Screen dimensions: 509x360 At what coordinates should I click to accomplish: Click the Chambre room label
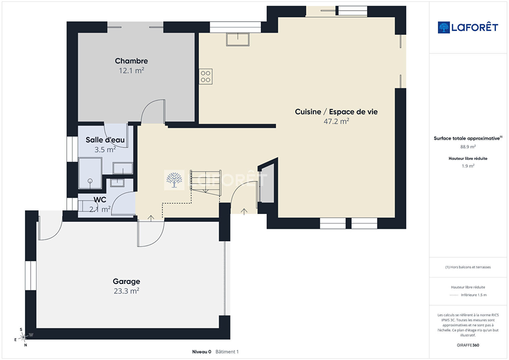(131, 61)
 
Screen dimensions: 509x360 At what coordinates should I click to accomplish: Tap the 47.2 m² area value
(336, 121)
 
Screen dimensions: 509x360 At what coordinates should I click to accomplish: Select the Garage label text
(126, 281)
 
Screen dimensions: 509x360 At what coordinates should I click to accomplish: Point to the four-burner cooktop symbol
(206, 77)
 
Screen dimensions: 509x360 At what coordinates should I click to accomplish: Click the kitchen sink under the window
(238, 39)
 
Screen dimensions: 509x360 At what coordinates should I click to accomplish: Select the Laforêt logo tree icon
(444, 27)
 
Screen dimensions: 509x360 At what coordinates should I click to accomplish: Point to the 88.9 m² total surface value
(468, 147)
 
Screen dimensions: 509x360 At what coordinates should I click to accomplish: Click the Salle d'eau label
(105, 140)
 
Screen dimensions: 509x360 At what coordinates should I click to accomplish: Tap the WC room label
(100, 200)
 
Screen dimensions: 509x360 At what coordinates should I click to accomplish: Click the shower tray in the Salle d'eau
(90, 173)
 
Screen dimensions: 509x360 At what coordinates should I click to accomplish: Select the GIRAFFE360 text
(468, 345)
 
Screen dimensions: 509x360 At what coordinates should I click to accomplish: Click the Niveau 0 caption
(201, 352)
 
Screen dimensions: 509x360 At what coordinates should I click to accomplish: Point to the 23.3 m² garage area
(126, 291)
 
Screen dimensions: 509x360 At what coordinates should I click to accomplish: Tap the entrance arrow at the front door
(244, 212)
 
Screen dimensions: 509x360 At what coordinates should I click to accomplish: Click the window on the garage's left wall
(31, 276)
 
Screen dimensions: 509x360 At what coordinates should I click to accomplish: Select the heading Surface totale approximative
(468, 138)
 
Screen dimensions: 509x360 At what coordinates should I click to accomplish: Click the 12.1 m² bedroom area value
(131, 70)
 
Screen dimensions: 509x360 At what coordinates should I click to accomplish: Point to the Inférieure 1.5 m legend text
(474, 295)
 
